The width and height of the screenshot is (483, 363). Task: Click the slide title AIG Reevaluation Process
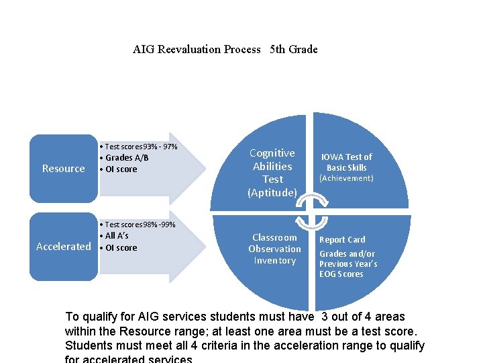tap(197, 49)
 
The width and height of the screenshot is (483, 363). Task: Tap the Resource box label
tap(64, 169)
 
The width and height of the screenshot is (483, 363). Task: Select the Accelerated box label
tap(64, 247)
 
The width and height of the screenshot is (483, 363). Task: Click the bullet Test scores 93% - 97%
tap(139, 147)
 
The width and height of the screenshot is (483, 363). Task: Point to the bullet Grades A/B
tap(125, 158)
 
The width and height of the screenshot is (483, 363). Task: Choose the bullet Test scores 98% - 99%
tap(138, 225)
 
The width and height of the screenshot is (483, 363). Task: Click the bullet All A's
tap(115, 236)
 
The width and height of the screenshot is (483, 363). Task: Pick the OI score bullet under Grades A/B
tap(119, 169)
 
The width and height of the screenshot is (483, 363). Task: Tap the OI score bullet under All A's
tap(119, 248)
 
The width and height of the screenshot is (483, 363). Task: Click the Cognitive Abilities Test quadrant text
tap(272, 166)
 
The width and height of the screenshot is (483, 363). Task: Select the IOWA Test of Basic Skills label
tap(346, 161)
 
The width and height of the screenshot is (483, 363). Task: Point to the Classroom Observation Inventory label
tap(274, 249)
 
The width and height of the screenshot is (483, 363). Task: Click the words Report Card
tap(342, 240)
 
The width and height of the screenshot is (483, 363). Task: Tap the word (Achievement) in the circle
tap(346, 178)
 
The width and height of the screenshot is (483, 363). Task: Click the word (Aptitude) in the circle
tap(272, 193)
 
